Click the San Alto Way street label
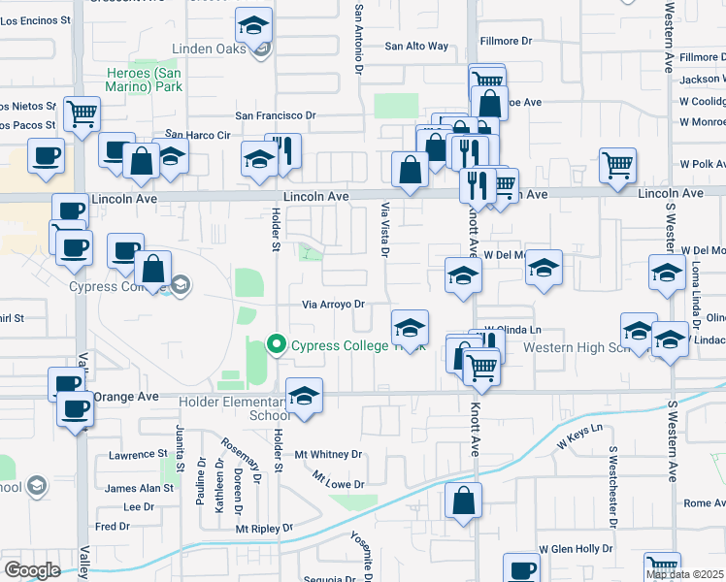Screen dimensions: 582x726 tap(416, 46)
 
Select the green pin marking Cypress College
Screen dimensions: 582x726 tap(277, 344)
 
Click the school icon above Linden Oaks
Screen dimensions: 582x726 tap(254, 26)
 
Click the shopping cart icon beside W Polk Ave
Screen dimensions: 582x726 tap(618, 166)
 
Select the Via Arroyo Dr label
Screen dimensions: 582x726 tap(333, 305)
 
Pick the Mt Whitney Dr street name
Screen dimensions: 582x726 tap(328, 454)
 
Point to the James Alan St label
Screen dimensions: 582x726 tap(135, 489)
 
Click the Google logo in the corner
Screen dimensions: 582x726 tap(31, 570)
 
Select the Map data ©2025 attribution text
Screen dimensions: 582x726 tap(685, 574)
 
